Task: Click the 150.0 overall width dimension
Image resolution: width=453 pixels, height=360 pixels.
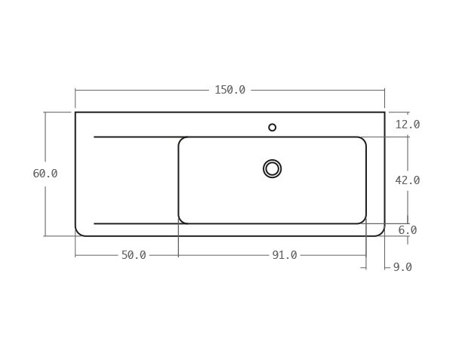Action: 230,90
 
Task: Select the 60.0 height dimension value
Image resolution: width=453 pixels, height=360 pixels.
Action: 45,174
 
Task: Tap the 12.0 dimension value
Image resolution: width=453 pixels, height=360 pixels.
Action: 408,125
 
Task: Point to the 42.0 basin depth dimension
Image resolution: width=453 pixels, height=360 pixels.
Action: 408,180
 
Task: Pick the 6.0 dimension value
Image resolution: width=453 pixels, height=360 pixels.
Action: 408,230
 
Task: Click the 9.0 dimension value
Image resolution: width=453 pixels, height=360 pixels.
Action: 402,267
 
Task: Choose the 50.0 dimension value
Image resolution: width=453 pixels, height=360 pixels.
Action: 134,255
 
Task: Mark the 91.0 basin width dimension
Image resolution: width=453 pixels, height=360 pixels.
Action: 285,255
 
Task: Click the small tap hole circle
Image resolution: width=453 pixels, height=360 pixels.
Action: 273,128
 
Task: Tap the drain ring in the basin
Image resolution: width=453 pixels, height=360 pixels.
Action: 273,168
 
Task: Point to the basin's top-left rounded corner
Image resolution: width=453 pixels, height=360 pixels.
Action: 182,140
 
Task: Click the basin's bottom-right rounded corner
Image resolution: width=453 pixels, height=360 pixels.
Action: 362,220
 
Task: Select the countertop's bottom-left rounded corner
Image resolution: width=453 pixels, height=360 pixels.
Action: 79,232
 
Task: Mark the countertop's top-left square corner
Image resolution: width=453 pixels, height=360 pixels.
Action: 75,112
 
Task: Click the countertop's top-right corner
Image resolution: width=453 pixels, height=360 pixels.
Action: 384,112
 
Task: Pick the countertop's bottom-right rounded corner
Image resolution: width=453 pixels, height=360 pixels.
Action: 381,232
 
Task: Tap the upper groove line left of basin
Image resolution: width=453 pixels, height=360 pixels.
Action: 136,137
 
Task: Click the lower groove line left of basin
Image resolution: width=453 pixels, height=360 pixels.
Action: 136,223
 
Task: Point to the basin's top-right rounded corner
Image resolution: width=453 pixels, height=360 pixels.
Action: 362,140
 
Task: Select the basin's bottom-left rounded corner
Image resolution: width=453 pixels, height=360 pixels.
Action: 182,220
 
